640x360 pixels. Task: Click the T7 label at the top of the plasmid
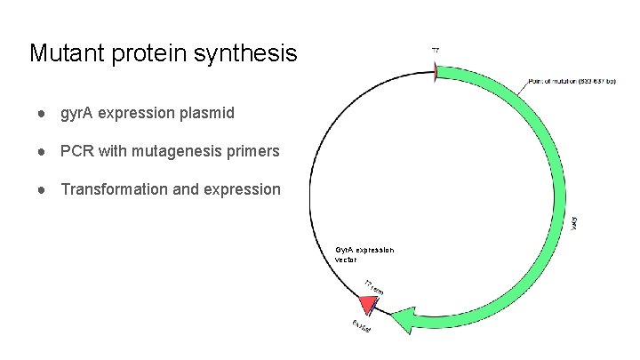[435, 51]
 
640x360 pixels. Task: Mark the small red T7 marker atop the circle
[435, 72]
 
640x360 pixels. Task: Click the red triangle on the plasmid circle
[356, 306]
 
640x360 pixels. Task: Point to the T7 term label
[373, 288]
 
